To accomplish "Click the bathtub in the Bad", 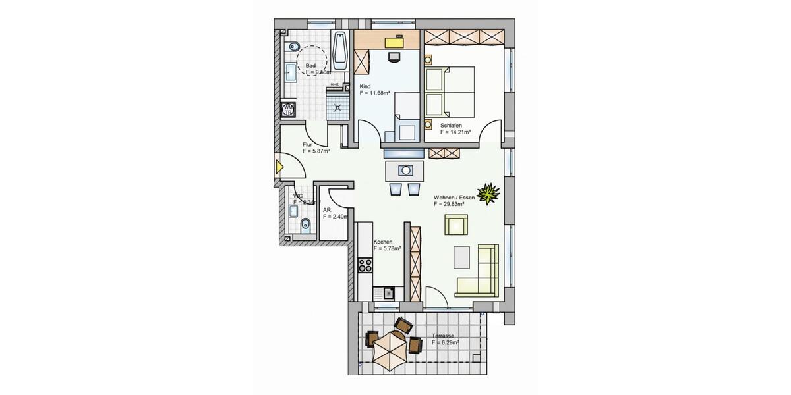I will point(341,50).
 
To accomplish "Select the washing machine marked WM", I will point(287,110).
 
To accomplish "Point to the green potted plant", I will point(488,194).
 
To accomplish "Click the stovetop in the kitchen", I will point(365,266).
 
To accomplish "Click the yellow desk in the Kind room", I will point(394,41).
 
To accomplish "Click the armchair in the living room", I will point(457,225).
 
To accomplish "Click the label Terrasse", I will point(443,335).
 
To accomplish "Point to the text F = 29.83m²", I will point(449,205).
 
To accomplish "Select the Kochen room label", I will point(383,242).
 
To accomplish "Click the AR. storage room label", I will point(327,209).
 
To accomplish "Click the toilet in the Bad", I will point(293,46).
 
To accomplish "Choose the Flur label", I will point(307,144).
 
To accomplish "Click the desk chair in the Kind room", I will point(394,57).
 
